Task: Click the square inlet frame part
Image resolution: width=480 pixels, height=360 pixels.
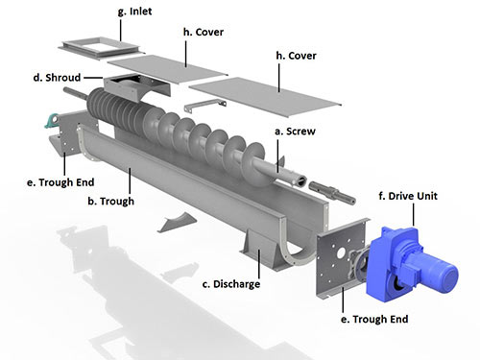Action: click(x=93, y=48)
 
